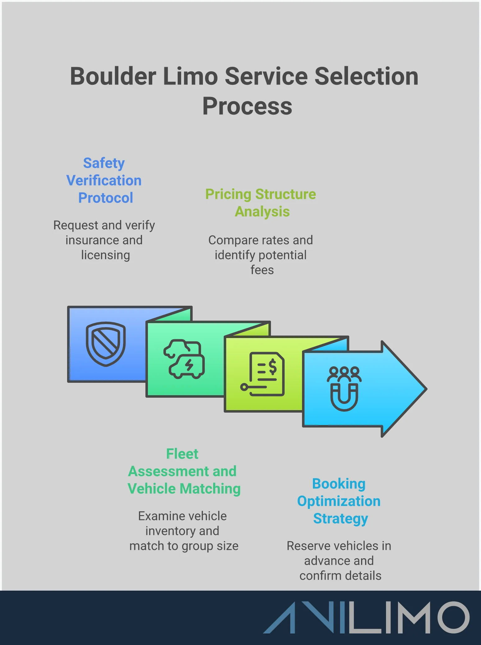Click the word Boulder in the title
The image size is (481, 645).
113,76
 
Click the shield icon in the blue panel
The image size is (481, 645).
106,344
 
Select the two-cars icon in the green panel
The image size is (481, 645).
184,359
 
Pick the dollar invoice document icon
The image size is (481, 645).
264,374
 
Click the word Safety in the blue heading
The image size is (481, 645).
104,163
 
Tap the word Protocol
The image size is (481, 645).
106,198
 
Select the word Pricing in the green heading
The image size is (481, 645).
228,194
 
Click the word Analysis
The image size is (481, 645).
262,212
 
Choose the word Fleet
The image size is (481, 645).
182,454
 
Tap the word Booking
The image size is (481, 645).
339,484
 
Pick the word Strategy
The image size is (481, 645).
340,519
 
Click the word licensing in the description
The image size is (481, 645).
105,255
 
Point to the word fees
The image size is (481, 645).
262,270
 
